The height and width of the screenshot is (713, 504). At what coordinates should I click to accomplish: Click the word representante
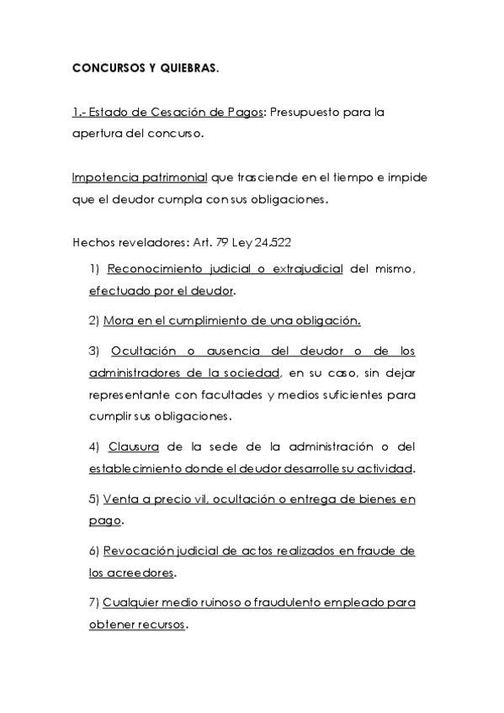coord(127,394)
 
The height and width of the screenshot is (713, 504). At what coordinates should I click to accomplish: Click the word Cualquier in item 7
coord(130,603)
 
